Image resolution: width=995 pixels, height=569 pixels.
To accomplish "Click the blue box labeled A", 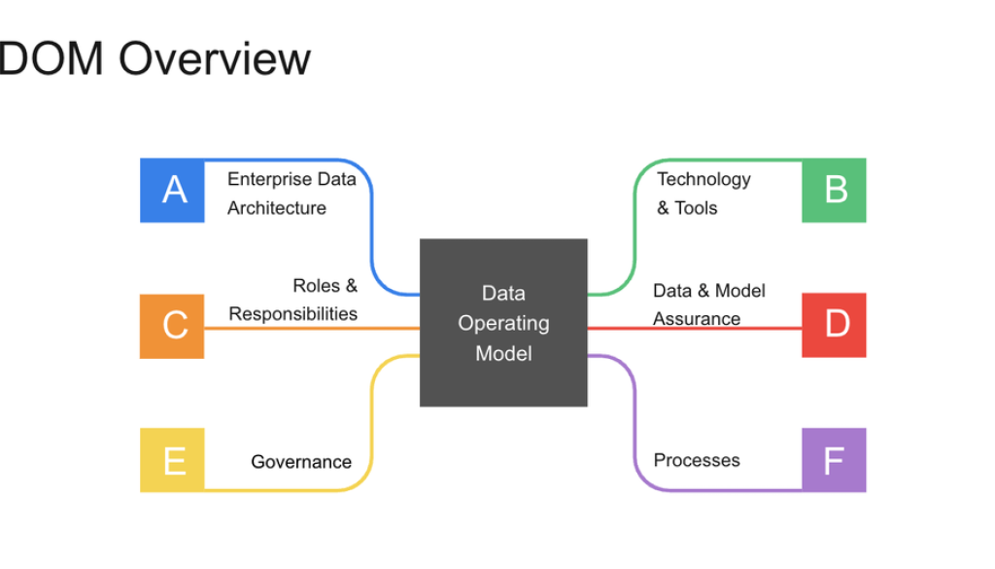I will click(x=173, y=190).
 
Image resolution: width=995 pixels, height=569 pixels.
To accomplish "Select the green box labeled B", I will click(x=834, y=190).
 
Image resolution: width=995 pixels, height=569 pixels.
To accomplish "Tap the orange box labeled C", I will click(x=173, y=325).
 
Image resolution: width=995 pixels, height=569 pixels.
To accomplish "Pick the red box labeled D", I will click(x=834, y=325).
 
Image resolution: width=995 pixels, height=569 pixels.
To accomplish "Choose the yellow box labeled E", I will click(x=173, y=460).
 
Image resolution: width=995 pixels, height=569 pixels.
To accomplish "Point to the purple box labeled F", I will click(x=834, y=460).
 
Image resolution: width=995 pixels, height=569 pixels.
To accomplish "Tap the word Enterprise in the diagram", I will click(x=270, y=179).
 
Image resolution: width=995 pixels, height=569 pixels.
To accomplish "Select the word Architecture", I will click(x=277, y=208).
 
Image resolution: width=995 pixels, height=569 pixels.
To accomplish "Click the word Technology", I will click(x=704, y=179).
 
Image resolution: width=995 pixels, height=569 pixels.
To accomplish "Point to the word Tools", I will click(x=697, y=208).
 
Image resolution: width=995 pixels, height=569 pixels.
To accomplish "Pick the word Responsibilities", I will click(x=293, y=313).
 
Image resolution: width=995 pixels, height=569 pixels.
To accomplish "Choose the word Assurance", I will click(x=697, y=319).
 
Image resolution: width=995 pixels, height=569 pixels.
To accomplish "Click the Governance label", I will click(x=301, y=462).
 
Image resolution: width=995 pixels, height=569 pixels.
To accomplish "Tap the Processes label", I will click(x=697, y=460).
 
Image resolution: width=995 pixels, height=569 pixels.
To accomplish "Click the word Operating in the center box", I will click(x=503, y=323).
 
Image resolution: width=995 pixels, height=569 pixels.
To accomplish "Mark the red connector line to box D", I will click(x=695, y=330).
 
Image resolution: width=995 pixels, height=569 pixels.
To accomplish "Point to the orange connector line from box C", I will click(x=311, y=329).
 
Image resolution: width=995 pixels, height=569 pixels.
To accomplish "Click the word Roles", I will click(x=317, y=286).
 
